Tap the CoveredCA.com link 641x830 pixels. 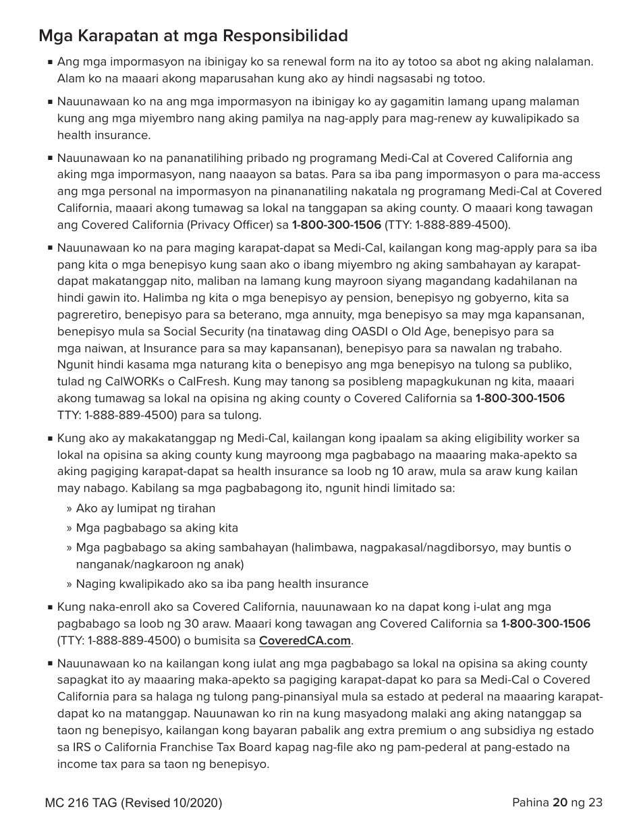click(x=305, y=640)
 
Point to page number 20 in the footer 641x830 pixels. click(x=559, y=802)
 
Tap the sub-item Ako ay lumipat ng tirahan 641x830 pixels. click(x=145, y=508)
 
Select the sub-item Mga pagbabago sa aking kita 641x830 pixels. click(x=157, y=528)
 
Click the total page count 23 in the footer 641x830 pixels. click(x=595, y=802)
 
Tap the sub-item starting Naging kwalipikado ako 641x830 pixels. click(x=222, y=584)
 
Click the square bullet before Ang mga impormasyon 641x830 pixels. click(x=51, y=62)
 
